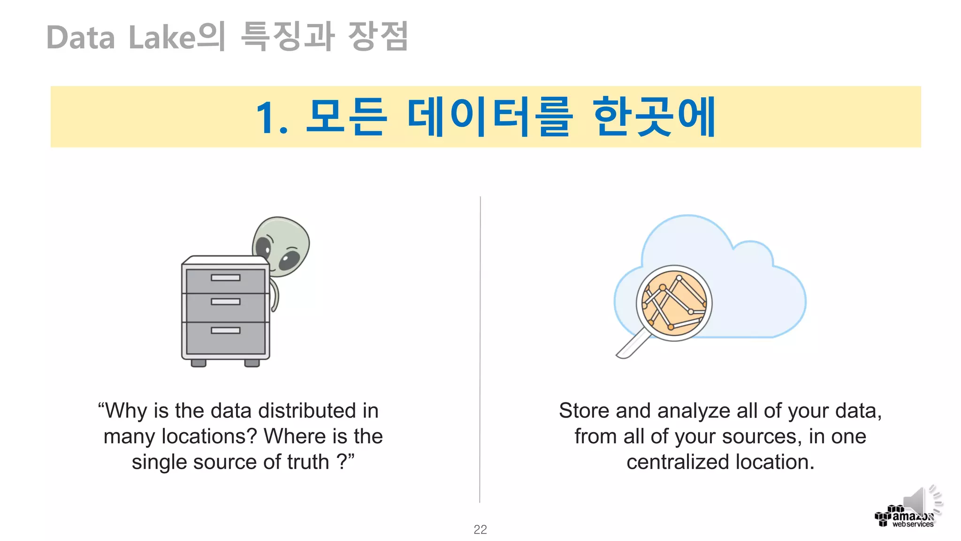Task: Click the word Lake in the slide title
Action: coord(162,38)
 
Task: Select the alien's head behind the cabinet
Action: coord(282,244)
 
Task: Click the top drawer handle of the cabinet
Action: coord(225,278)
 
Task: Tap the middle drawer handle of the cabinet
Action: coord(225,301)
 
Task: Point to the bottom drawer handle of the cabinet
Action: coord(225,330)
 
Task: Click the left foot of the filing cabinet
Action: coord(198,363)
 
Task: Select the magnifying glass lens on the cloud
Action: coord(674,303)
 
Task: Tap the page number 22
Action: coord(480,529)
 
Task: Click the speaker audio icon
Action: coord(920,502)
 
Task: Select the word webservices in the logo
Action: coord(913,524)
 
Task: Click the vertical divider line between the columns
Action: coord(480,348)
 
